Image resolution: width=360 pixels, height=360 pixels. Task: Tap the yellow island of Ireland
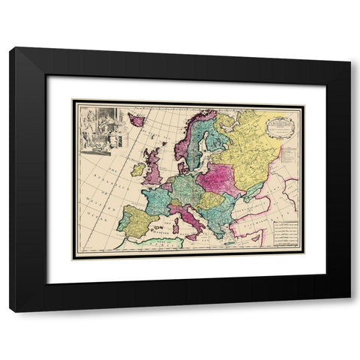pos(138,169)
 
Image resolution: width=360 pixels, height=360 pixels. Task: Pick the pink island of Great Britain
pos(153,166)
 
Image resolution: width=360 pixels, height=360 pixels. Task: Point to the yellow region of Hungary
pos(211,201)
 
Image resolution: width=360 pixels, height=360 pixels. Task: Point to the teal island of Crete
pos(227,242)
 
